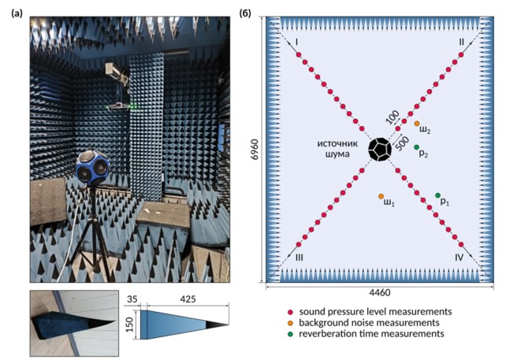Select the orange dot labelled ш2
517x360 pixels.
coord(417,124)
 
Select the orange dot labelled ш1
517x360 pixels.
coord(381,196)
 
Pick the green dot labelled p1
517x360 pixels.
coord(438,195)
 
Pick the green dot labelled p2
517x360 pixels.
coord(417,147)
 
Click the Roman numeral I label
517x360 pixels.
coord(297,40)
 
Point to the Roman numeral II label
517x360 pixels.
coord(461,40)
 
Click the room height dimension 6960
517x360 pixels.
coord(251,150)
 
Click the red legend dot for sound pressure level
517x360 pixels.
coord(292,312)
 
